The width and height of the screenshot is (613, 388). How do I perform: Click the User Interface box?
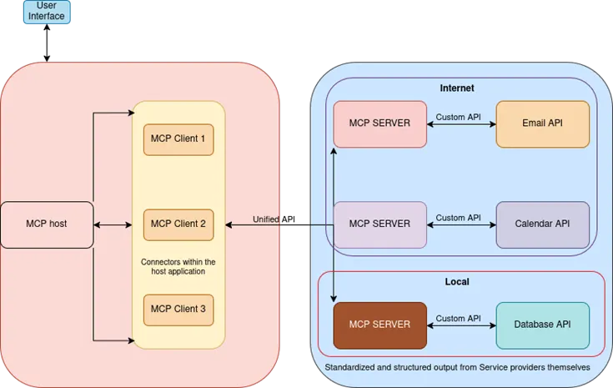(47, 12)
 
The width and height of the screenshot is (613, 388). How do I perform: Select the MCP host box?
(47, 224)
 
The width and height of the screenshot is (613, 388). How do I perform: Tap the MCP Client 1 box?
(178, 139)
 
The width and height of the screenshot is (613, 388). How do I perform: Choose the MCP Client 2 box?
(178, 224)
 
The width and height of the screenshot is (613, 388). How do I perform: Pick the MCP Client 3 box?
(178, 310)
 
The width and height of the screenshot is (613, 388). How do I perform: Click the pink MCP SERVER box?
(379, 123)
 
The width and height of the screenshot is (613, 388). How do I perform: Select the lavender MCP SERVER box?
(379, 224)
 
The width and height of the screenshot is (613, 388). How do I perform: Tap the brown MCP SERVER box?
(379, 324)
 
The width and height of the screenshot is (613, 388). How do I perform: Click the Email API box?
(542, 123)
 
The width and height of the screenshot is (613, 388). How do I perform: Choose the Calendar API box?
(542, 224)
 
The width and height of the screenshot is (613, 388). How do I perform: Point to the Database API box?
(542, 324)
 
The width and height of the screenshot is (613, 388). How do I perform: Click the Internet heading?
(457, 88)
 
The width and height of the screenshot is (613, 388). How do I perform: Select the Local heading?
(457, 283)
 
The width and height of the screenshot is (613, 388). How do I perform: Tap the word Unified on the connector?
(266, 219)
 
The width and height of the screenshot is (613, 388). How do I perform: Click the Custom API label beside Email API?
(458, 118)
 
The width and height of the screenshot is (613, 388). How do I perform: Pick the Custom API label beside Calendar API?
(458, 218)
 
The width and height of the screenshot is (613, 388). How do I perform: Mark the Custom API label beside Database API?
(458, 318)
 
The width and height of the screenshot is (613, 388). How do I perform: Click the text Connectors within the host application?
(178, 267)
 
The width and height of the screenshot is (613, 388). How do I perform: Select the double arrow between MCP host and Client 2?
(113, 224)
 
